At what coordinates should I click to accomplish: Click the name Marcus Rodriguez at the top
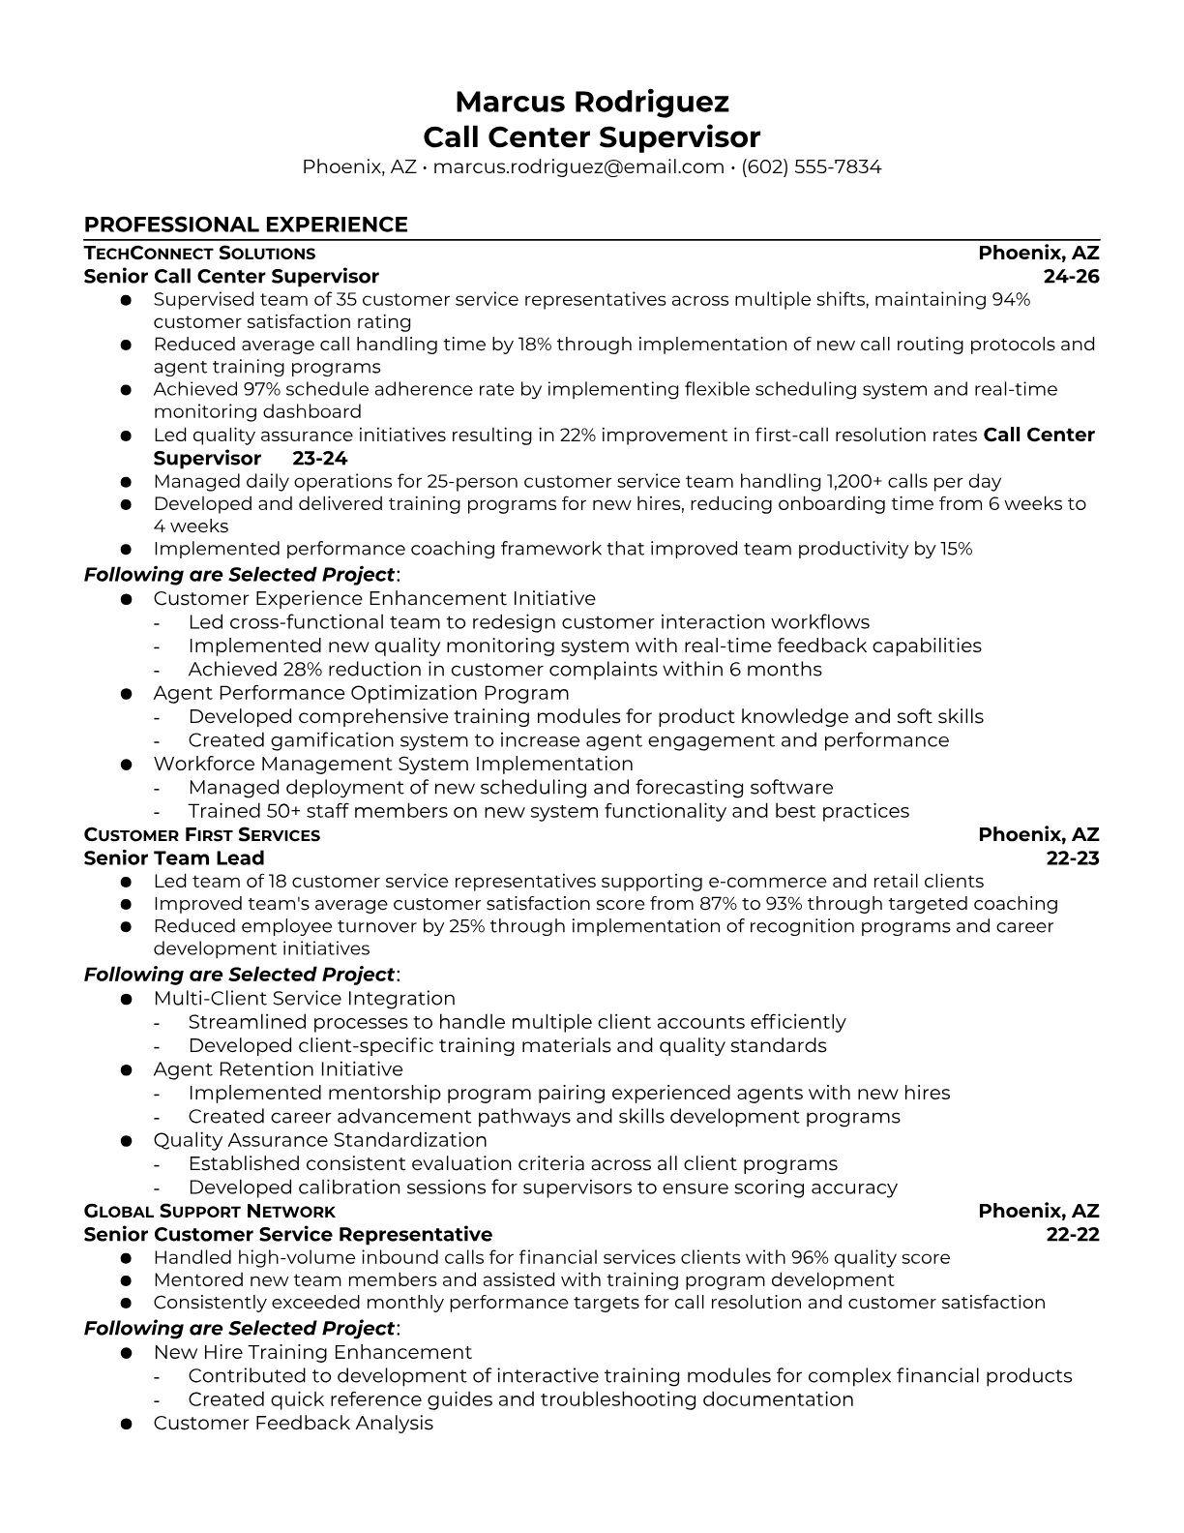click(591, 102)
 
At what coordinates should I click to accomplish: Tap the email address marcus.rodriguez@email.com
click(578, 166)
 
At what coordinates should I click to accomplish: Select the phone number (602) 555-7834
click(812, 166)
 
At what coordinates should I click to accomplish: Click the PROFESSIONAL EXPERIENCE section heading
click(246, 225)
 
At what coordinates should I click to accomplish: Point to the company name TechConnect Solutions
click(199, 254)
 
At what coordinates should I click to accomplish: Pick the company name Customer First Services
click(202, 835)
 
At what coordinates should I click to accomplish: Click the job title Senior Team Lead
click(174, 858)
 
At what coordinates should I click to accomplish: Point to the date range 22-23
click(1072, 858)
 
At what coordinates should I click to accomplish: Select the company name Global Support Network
click(210, 1212)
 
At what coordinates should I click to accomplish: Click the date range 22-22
click(1072, 1235)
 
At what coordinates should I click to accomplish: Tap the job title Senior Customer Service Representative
click(288, 1235)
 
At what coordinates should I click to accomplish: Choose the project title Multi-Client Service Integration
click(304, 999)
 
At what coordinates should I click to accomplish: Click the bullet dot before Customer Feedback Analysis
click(126, 1424)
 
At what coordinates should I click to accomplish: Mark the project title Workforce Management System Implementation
click(393, 764)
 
